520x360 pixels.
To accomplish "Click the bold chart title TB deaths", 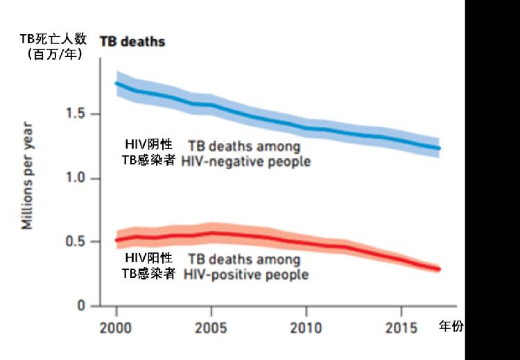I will coord(132,42).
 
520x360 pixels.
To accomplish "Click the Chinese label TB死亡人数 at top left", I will coord(51,39).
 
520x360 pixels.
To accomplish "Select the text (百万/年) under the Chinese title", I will coord(51,53).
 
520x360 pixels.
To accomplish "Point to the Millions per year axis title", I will coord(27,176).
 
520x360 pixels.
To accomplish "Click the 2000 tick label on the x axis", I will coord(116,327).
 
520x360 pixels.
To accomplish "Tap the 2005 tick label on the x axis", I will coord(211,327).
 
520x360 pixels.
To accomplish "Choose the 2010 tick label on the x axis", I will coord(306,327).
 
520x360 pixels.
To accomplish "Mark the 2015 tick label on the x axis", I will coord(401,327).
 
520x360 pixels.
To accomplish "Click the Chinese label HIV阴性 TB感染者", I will coord(148,153).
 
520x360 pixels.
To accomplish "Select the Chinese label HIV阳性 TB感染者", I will coord(148,266).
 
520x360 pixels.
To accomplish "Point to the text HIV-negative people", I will coord(246,162).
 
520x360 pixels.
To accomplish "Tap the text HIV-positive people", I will coord(246,274).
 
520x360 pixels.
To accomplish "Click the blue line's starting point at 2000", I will coord(116,83).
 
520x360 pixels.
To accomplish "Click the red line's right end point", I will coord(439,269).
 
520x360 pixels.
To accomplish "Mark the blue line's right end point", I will coord(439,148).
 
